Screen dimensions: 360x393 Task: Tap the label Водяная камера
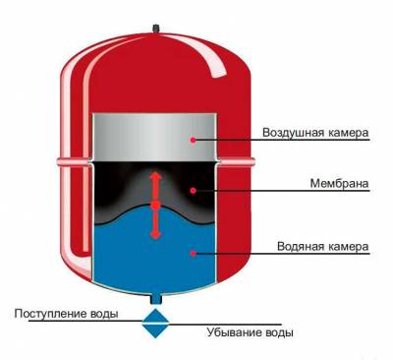click(313, 246)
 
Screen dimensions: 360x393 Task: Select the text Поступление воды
click(68, 314)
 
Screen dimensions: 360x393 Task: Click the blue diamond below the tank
click(155, 323)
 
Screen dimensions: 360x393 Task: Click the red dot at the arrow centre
click(155, 205)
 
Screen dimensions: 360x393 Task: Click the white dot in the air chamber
click(195, 140)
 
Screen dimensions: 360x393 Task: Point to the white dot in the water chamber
click(195, 253)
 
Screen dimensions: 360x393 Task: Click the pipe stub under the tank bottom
click(155, 296)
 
